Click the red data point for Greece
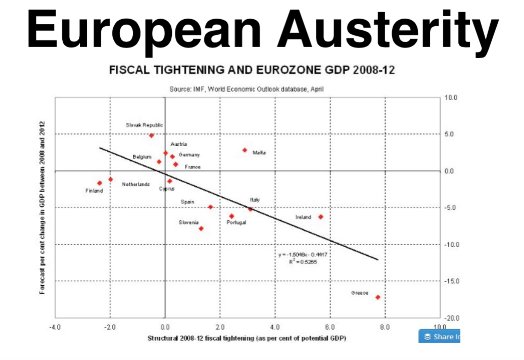click(377, 297)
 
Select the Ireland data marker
click(320, 217)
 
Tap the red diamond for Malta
click(245, 150)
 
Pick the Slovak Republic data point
click(151, 136)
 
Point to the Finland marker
click(100, 183)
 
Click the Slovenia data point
click(201, 229)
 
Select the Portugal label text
click(236, 222)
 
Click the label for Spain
click(187, 202)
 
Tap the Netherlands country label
click(136, 185)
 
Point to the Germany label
click(188, 155)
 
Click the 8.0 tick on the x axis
click(385, 328)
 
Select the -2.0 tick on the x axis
click(110, 328)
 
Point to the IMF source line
click(246, 89)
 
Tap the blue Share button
click(439, 336)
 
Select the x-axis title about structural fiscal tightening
click(247, 337)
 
